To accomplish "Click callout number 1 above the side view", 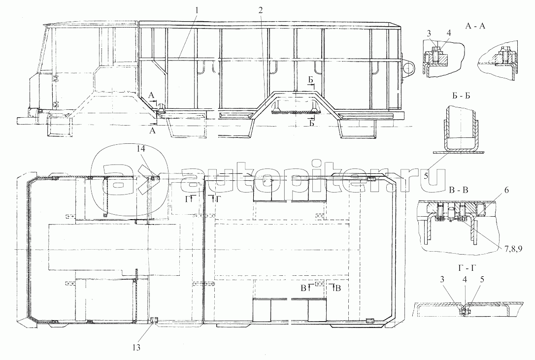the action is (x=197, y=10).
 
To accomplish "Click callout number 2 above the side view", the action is (x=261, y=10).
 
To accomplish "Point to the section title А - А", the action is (x=475, y=26).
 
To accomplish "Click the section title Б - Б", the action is (x=461, y=96).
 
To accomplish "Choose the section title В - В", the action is (x=459, y=190).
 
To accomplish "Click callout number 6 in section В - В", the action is (x=506, y=190).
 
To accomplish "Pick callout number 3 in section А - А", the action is (x=429, y=33).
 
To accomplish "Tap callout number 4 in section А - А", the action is (x=449, y=33).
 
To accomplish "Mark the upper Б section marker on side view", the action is (x=311, y=81).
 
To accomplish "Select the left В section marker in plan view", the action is (x=305, y=288).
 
